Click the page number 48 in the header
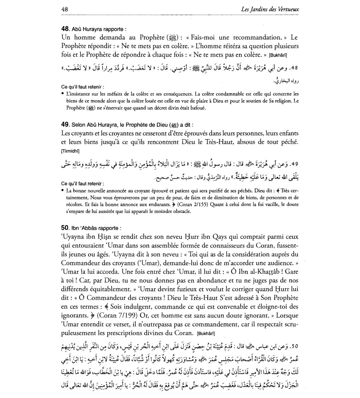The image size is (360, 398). pos(64,9)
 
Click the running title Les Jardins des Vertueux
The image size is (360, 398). pos(270,9)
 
